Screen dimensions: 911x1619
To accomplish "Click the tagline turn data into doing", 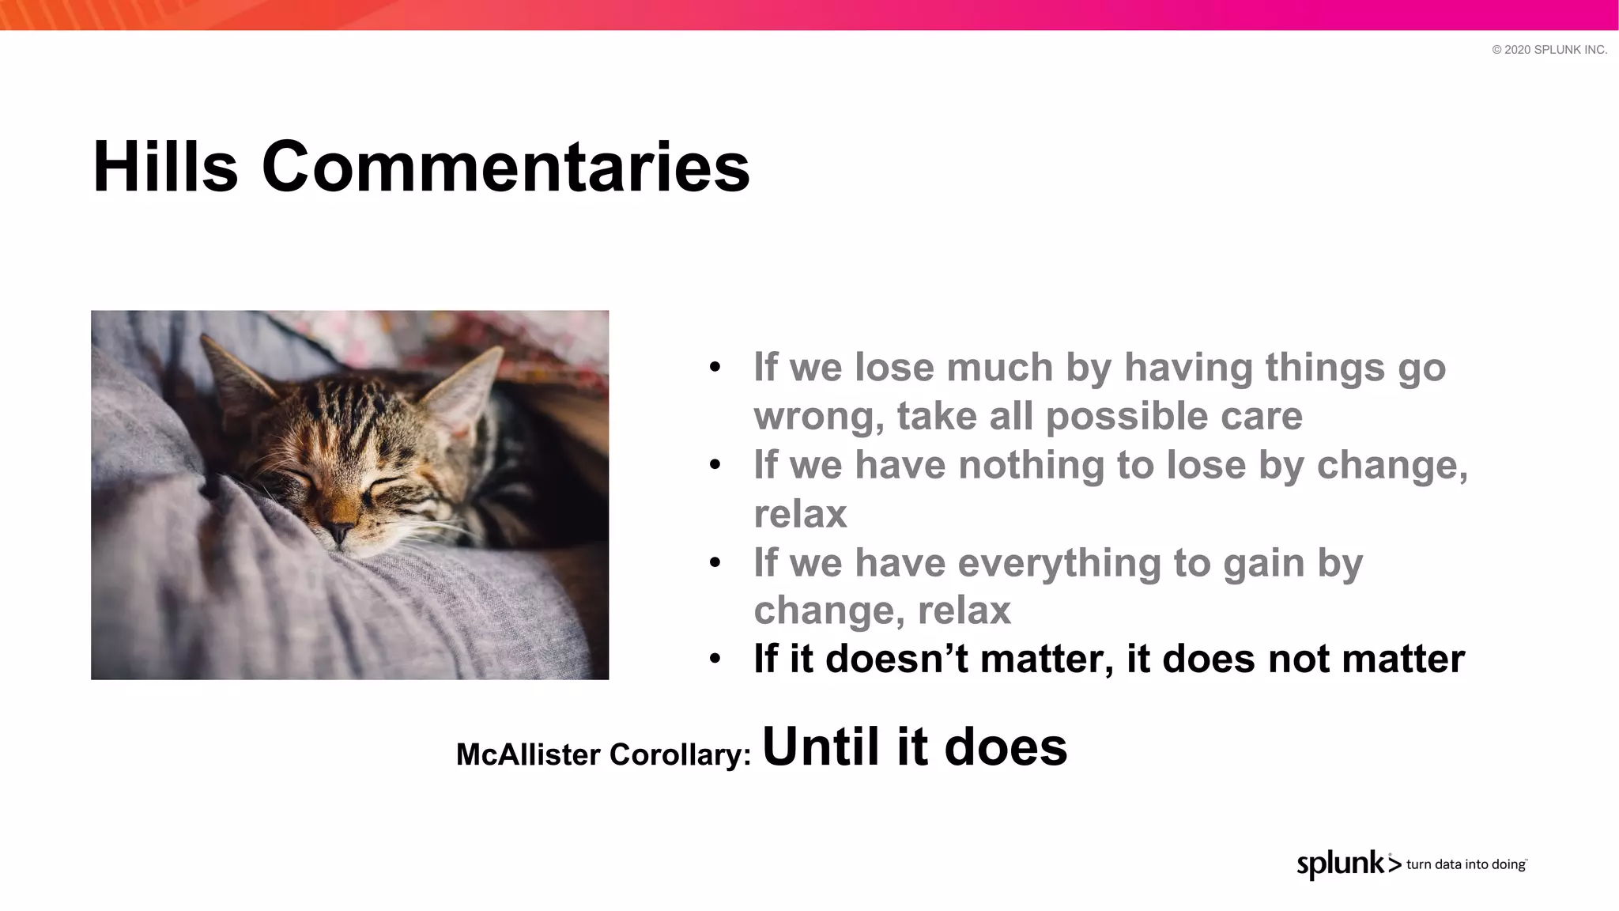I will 1466,864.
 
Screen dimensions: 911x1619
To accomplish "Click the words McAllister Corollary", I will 602,754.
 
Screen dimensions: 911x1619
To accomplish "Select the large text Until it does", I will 914,747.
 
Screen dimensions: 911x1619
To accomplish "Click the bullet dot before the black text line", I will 715,659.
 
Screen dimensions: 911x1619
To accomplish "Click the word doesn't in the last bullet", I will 896,659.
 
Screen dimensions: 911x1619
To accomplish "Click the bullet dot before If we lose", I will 715,368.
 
